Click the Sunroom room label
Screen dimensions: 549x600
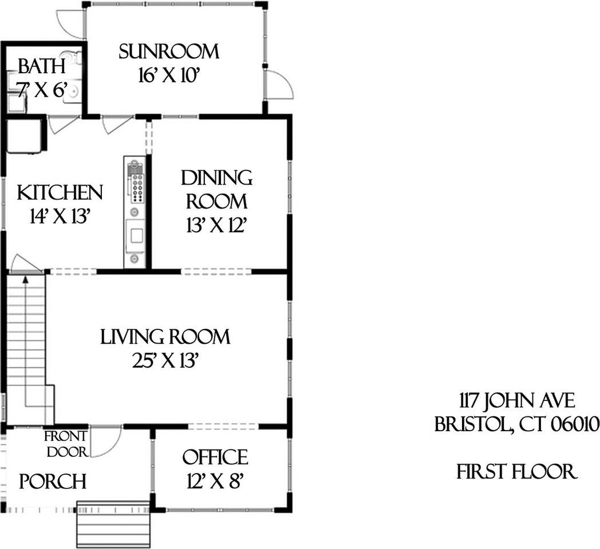169,51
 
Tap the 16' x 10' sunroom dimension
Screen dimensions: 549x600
168,75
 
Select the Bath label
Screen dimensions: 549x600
41,66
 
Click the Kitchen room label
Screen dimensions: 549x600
60,192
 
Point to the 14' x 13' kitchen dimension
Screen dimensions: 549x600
60,216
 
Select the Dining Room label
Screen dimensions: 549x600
217,189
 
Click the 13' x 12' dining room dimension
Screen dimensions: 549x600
216,226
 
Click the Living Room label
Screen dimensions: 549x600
165,337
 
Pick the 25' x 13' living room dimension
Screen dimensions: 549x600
165,361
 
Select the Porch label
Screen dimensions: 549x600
53,482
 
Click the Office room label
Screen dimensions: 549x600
215,457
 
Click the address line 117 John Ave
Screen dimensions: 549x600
516,400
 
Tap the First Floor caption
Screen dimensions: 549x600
516,472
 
